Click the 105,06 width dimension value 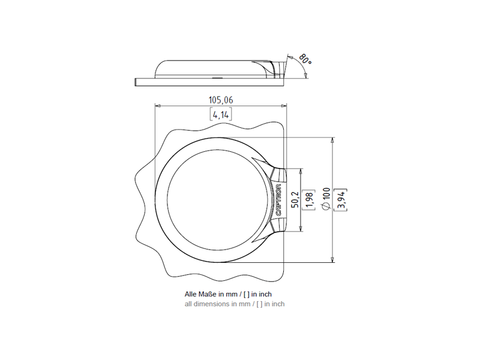(x=221, y=100)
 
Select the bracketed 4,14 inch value (x=221, y=114)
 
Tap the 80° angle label (x=305, y=59)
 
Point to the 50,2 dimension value (x=295, y=200)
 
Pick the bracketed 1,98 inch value (x=308, y=200)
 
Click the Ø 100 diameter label (x=326, y=199)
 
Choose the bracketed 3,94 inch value (x=340, y=200)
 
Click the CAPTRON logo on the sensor (x=279, y=200)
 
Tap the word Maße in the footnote (x=208, y=294)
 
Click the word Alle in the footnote (x=191, y=294)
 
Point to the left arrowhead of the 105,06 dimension (x=158, y=106)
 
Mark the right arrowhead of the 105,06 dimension (x=284, y=106)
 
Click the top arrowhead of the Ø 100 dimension (x=332, y=140)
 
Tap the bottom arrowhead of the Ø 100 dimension (x=332, y=260)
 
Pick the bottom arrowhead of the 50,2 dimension (x=301, y=229)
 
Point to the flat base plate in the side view (x=209, y=82)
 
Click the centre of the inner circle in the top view (x=219, y=200)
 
